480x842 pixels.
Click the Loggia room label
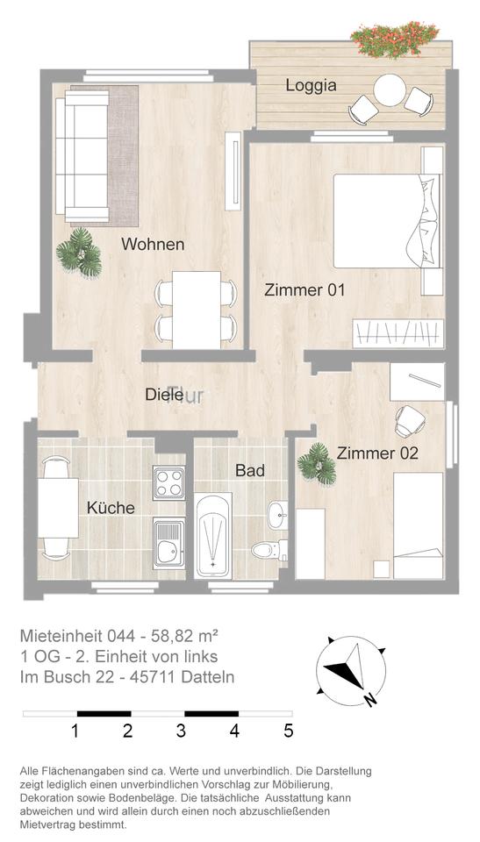pyautogui.click(x=311, y=85)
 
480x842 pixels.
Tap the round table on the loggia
pyautogui.click(x=389, y=89)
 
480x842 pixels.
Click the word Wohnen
pyautogui.click(x=153, y=244)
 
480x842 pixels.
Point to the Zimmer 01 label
pyautogui.click(x=304, y=290)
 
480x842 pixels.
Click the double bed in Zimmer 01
pyautogui.click(x=388, y=221)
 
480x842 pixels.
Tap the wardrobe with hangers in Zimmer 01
pyautogui.click(x=398, y=333)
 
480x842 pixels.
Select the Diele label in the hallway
pyautogui.click(x=164, y=395)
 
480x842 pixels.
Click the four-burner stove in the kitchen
pyautogui.click(x=168, y=483)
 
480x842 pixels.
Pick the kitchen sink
pyautogui.click(x=168, y=544)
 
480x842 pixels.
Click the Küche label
pyautogui.click(x=111, y=508)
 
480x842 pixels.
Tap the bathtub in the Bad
pyautogui.click(x=213, y=535)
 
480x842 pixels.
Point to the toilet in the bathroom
pyautogui.click(x=269, y=550)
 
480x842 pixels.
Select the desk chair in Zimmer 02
pyautogui.click(x=410, y=420)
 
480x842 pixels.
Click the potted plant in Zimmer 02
pyautogui.click(x=317, y=464)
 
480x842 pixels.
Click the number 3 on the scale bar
pyautogui.click(x=181, y=731)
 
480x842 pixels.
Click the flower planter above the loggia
pyautogui.click(x=395, y=39)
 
